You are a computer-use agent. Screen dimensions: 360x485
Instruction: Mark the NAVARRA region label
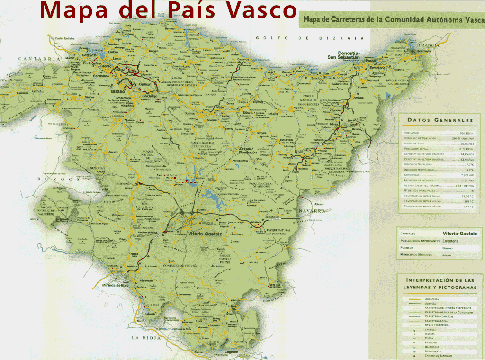(312, 211)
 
